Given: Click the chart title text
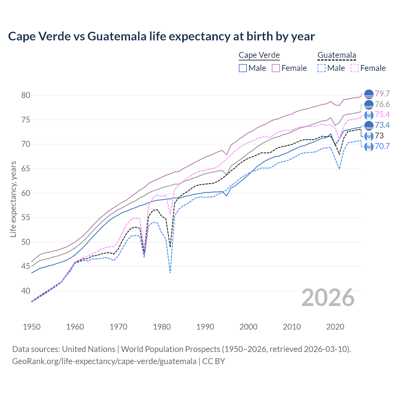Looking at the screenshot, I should (161, 36).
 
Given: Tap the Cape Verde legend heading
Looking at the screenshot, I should (259, 55).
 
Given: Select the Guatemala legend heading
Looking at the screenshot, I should (336, 55).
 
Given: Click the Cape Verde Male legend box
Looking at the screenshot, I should (243, 68).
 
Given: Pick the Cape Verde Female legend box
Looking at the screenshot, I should (276, 68).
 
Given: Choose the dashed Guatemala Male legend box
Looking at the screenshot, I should (322, 68).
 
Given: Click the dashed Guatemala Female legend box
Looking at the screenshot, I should (354, 68).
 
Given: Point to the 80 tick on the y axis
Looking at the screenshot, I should (26, 95).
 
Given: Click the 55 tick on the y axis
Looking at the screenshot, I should (26, 218).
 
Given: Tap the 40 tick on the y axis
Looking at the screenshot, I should (26, 291).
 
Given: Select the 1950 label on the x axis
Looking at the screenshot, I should (32, 327).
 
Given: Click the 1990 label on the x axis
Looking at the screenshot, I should (205, 327).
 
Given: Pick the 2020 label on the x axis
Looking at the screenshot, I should (335, 327).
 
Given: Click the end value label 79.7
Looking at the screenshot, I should (382, 94).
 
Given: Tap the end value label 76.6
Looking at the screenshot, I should (382, 104).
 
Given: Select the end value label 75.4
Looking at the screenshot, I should (382, 115).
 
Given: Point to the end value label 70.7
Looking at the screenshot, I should (382, 146).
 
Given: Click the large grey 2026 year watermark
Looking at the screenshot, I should (328, 298).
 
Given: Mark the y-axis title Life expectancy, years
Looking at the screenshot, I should (13, 199).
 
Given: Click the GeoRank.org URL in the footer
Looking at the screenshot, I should (104, 361).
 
